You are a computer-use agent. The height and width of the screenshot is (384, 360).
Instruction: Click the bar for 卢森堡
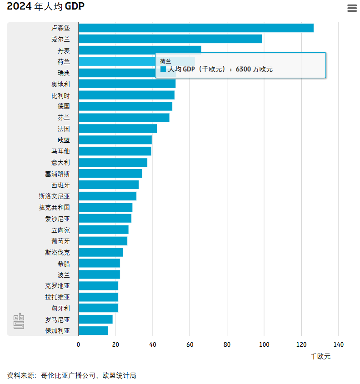point(195,28)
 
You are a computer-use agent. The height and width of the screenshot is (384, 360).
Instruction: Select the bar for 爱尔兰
point(170,39)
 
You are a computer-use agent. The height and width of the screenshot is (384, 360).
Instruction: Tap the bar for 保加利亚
point(93,331)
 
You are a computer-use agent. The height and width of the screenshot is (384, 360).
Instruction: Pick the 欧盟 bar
point(115,140)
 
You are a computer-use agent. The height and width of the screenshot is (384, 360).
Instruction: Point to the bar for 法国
point(117,129)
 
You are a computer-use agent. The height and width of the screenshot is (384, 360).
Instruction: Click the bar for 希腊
point(99,264)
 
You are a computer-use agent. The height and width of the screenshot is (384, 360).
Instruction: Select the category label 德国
point(64,106)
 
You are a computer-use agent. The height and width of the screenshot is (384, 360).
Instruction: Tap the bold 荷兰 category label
point(64,62)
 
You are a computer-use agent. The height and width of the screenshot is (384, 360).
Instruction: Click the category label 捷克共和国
point(55,207)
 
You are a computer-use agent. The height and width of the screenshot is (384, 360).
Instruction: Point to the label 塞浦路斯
point(57,174)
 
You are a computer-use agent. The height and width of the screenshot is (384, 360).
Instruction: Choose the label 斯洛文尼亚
point(55,196)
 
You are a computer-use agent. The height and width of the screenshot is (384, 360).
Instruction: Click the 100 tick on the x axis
point(264,344)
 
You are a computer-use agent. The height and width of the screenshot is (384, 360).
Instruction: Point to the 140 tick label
point(338,344)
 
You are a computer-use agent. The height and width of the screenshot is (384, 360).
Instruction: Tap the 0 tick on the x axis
point(78,344)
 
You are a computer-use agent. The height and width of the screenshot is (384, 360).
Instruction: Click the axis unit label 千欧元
point(320,356)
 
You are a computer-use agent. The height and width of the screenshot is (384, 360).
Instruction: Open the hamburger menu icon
point(352,8)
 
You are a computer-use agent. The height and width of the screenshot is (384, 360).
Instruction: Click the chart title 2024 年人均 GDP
point(45,6)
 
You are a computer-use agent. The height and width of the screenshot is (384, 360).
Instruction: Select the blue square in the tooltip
point(163,70)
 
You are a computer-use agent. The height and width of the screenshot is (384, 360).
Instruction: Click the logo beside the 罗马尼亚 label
point(19,321)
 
